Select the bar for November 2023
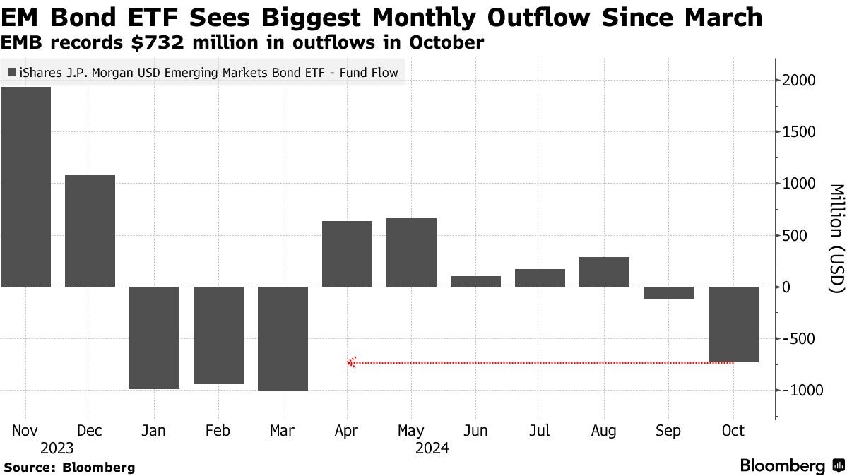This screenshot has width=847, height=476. point(25,187)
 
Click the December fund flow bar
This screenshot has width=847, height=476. point(90,231)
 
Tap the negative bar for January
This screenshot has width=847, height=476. point(154,338)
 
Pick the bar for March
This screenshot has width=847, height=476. point(283,338)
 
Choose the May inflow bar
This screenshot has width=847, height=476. point(411,252)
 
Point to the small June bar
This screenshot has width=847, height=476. point(475,281)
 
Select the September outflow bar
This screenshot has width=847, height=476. point(668,293)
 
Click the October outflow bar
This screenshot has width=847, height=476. point(733,324)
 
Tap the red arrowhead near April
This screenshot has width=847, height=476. point(351,362)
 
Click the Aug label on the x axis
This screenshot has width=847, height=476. point(604,431)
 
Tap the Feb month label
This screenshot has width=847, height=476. point(218,431)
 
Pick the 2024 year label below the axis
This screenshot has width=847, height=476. point(432,448)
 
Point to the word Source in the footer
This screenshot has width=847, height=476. point(29,467)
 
